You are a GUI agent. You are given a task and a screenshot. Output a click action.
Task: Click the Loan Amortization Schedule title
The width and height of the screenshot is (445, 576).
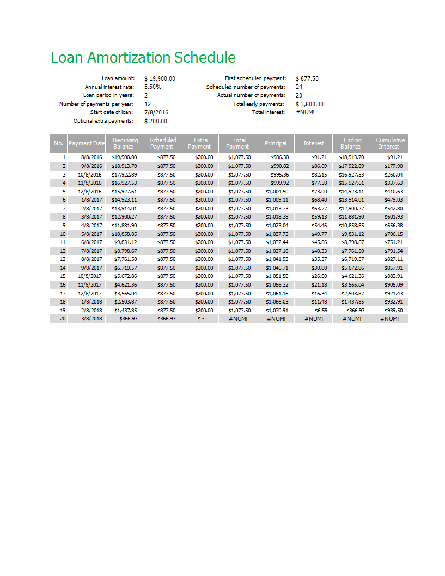(x=143, y=58)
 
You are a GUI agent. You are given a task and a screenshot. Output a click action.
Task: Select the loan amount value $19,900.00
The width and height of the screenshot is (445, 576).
(x=160, y=78)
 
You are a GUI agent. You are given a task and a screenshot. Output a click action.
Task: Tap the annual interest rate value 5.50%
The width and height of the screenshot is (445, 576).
(x=153, y=87)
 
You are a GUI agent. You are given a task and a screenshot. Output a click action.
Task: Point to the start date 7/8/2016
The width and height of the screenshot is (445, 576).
(x=156, y=112)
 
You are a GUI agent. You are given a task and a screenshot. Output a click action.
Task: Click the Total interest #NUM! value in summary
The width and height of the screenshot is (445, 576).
(x=305, y=112)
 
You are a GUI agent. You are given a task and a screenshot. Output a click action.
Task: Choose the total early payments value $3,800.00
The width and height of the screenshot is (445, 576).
(x=309, y=104)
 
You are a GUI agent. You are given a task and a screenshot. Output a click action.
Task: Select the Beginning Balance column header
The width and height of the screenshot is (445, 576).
(x=125, y=143)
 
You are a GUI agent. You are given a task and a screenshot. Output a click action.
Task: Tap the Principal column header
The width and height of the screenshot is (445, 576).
(x=276, y=143)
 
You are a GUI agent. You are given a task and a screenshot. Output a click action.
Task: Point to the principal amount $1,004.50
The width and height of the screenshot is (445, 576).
(x=277, y=191)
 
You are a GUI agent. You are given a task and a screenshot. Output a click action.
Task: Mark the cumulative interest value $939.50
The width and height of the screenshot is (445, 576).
(x=392, y=310)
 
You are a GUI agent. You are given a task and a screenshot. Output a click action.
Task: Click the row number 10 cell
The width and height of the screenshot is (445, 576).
(x=63, y=234)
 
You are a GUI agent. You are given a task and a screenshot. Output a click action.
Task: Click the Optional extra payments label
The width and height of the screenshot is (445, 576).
(x=103, y=121)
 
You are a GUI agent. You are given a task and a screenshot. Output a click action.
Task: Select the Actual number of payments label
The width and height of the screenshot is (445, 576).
(x=251, y=95)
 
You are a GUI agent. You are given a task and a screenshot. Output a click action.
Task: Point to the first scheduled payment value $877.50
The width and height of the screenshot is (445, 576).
(x=307, y=78)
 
